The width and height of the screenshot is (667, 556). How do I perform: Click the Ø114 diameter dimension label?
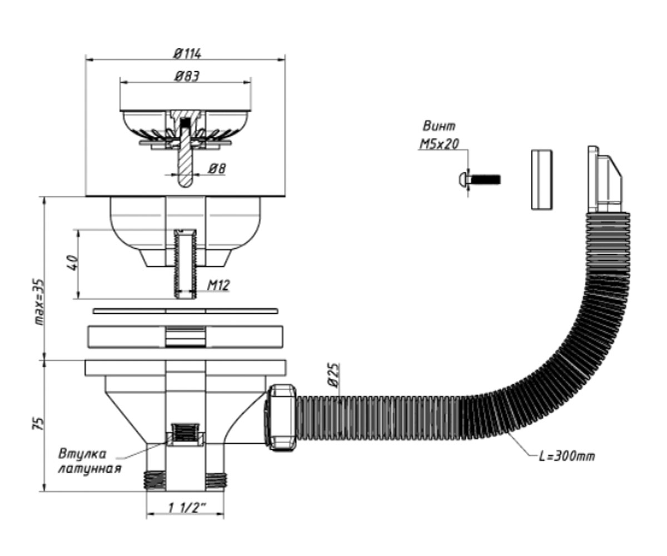coord(187,54)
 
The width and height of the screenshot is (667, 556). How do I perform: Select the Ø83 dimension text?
coord(187,76)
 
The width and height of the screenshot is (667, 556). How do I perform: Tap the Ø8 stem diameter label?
coord(217,168)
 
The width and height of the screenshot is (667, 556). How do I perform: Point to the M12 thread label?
coord(218,285)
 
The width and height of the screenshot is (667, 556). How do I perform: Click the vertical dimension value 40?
coord(72,263)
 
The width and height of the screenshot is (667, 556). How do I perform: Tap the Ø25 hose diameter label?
coord(333,375)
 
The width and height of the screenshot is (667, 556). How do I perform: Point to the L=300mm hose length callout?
coord(567,456)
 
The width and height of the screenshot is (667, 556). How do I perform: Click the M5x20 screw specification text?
coord(439,145)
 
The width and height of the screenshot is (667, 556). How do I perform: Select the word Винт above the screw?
coord(439,127)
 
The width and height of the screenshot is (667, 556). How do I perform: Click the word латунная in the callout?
coord(89,469)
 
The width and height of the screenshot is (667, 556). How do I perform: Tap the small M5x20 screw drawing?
coord(479,180)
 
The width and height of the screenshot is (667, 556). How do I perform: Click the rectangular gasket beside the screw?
coord(542,180)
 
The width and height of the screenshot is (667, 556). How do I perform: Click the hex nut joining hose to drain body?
coord(280,418)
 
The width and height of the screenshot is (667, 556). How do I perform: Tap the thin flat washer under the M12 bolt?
coord(186,311)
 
